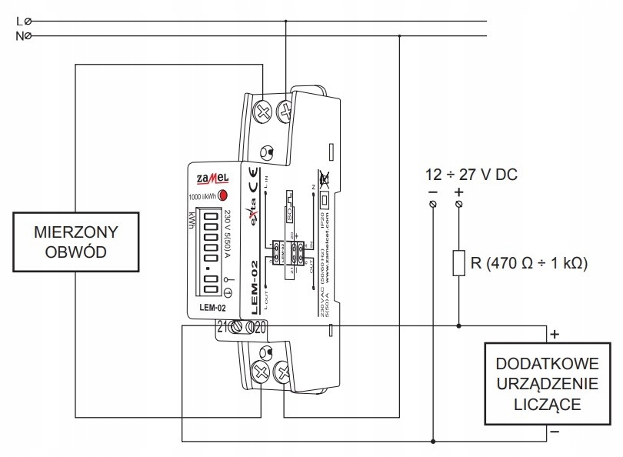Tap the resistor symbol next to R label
point(460,263)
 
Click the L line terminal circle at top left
point(28,22)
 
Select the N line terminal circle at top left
point(28,35)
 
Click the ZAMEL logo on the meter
point(209,178)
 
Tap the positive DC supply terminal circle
point(460,204)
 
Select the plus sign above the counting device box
point(554,335)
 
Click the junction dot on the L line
point(287,22)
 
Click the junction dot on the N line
point(400,35)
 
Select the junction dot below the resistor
point(460,325)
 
